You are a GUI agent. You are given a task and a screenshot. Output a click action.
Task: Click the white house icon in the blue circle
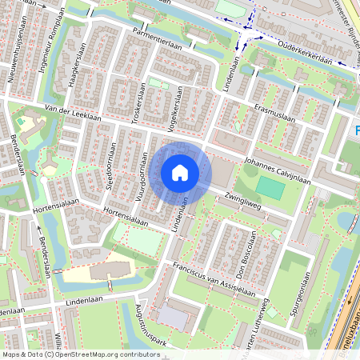[180, 173]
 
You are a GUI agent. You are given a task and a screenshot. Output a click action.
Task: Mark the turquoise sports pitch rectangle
[270, 189]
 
